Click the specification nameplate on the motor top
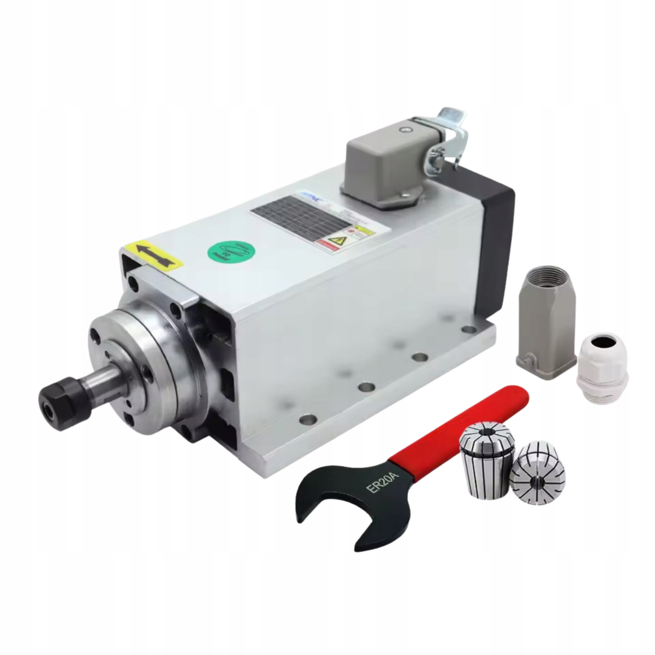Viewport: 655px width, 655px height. tap(298, 217)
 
